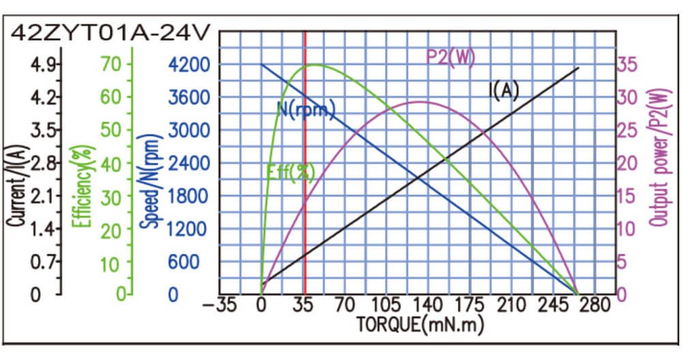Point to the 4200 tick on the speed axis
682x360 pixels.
(183, 65)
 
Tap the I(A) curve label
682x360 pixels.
(504, 91)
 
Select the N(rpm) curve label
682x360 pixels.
(306, 109)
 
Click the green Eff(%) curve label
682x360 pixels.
(290, 172)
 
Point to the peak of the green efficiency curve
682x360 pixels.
(314, 65)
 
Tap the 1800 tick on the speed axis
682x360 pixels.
(183, 196)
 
